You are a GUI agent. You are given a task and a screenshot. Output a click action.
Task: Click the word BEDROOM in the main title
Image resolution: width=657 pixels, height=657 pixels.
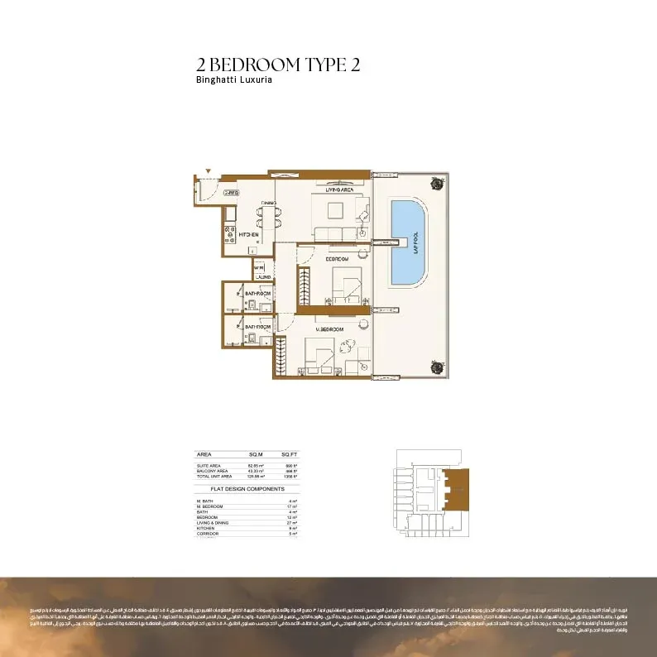[x=252, y=65]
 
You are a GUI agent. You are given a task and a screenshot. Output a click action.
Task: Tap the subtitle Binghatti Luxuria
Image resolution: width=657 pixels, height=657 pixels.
[x=234, y=81]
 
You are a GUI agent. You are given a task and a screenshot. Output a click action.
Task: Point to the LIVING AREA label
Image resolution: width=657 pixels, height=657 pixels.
[x=339, y=189]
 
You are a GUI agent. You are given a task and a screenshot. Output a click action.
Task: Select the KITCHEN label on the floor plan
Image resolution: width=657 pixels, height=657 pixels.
[x=249, y=235]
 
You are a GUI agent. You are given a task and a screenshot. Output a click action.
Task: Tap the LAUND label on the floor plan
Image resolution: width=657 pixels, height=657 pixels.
[x=263, y=278]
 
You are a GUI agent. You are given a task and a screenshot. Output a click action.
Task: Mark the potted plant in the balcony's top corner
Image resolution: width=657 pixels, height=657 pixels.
[x=434, y=185]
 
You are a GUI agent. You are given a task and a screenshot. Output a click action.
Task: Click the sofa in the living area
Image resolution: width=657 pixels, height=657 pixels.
[x=337, y=233]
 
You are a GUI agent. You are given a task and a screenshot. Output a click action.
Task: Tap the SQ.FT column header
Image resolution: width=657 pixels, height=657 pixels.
[x=289, y=454]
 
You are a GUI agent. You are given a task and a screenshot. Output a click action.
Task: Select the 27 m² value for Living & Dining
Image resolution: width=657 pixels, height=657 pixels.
[x=292, y=523]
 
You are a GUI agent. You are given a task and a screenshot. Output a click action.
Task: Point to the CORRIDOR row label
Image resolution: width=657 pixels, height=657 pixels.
[x=208, y=535]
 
